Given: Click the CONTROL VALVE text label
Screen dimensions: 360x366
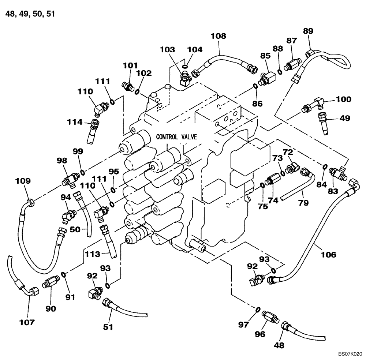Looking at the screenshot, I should tap(176, 137).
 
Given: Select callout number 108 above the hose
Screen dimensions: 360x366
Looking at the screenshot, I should tap(219, 36).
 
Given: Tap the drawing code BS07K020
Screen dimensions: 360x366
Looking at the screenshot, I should tap(350, 354).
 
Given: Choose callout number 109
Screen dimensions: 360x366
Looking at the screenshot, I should tap(23, 181).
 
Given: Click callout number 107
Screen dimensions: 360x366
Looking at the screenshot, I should tap(27, 322).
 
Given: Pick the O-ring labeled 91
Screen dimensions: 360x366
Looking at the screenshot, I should tap(64, 274).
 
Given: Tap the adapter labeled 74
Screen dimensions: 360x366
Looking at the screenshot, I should tap(273, 181).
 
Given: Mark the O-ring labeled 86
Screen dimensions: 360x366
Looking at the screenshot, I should tap(254, 86).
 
